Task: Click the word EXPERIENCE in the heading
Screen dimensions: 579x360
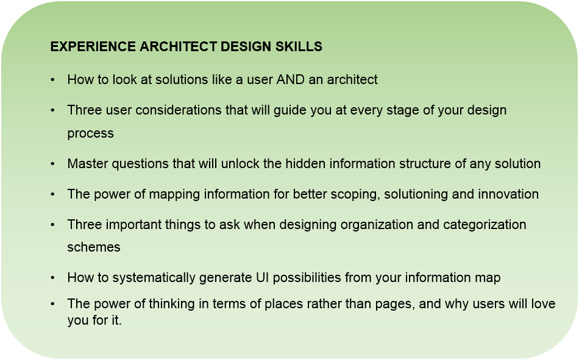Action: click(x=93, y=46)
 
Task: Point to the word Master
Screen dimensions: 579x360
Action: click(x=88, y=164)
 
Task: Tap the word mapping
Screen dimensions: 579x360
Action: click(x=174, y=194)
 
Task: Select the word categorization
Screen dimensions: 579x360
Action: click(x=485, y=225)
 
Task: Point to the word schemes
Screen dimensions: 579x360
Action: click(x=94, y=247)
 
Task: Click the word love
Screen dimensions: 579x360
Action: click(x=543, y=303)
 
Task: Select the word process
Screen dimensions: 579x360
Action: click(x=90, y=133)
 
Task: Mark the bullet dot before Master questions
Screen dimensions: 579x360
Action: click(x=53, y=164)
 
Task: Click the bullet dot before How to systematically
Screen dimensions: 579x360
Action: click(x=53, y=278)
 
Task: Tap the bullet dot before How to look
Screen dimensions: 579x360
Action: click(x=53, y=79)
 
